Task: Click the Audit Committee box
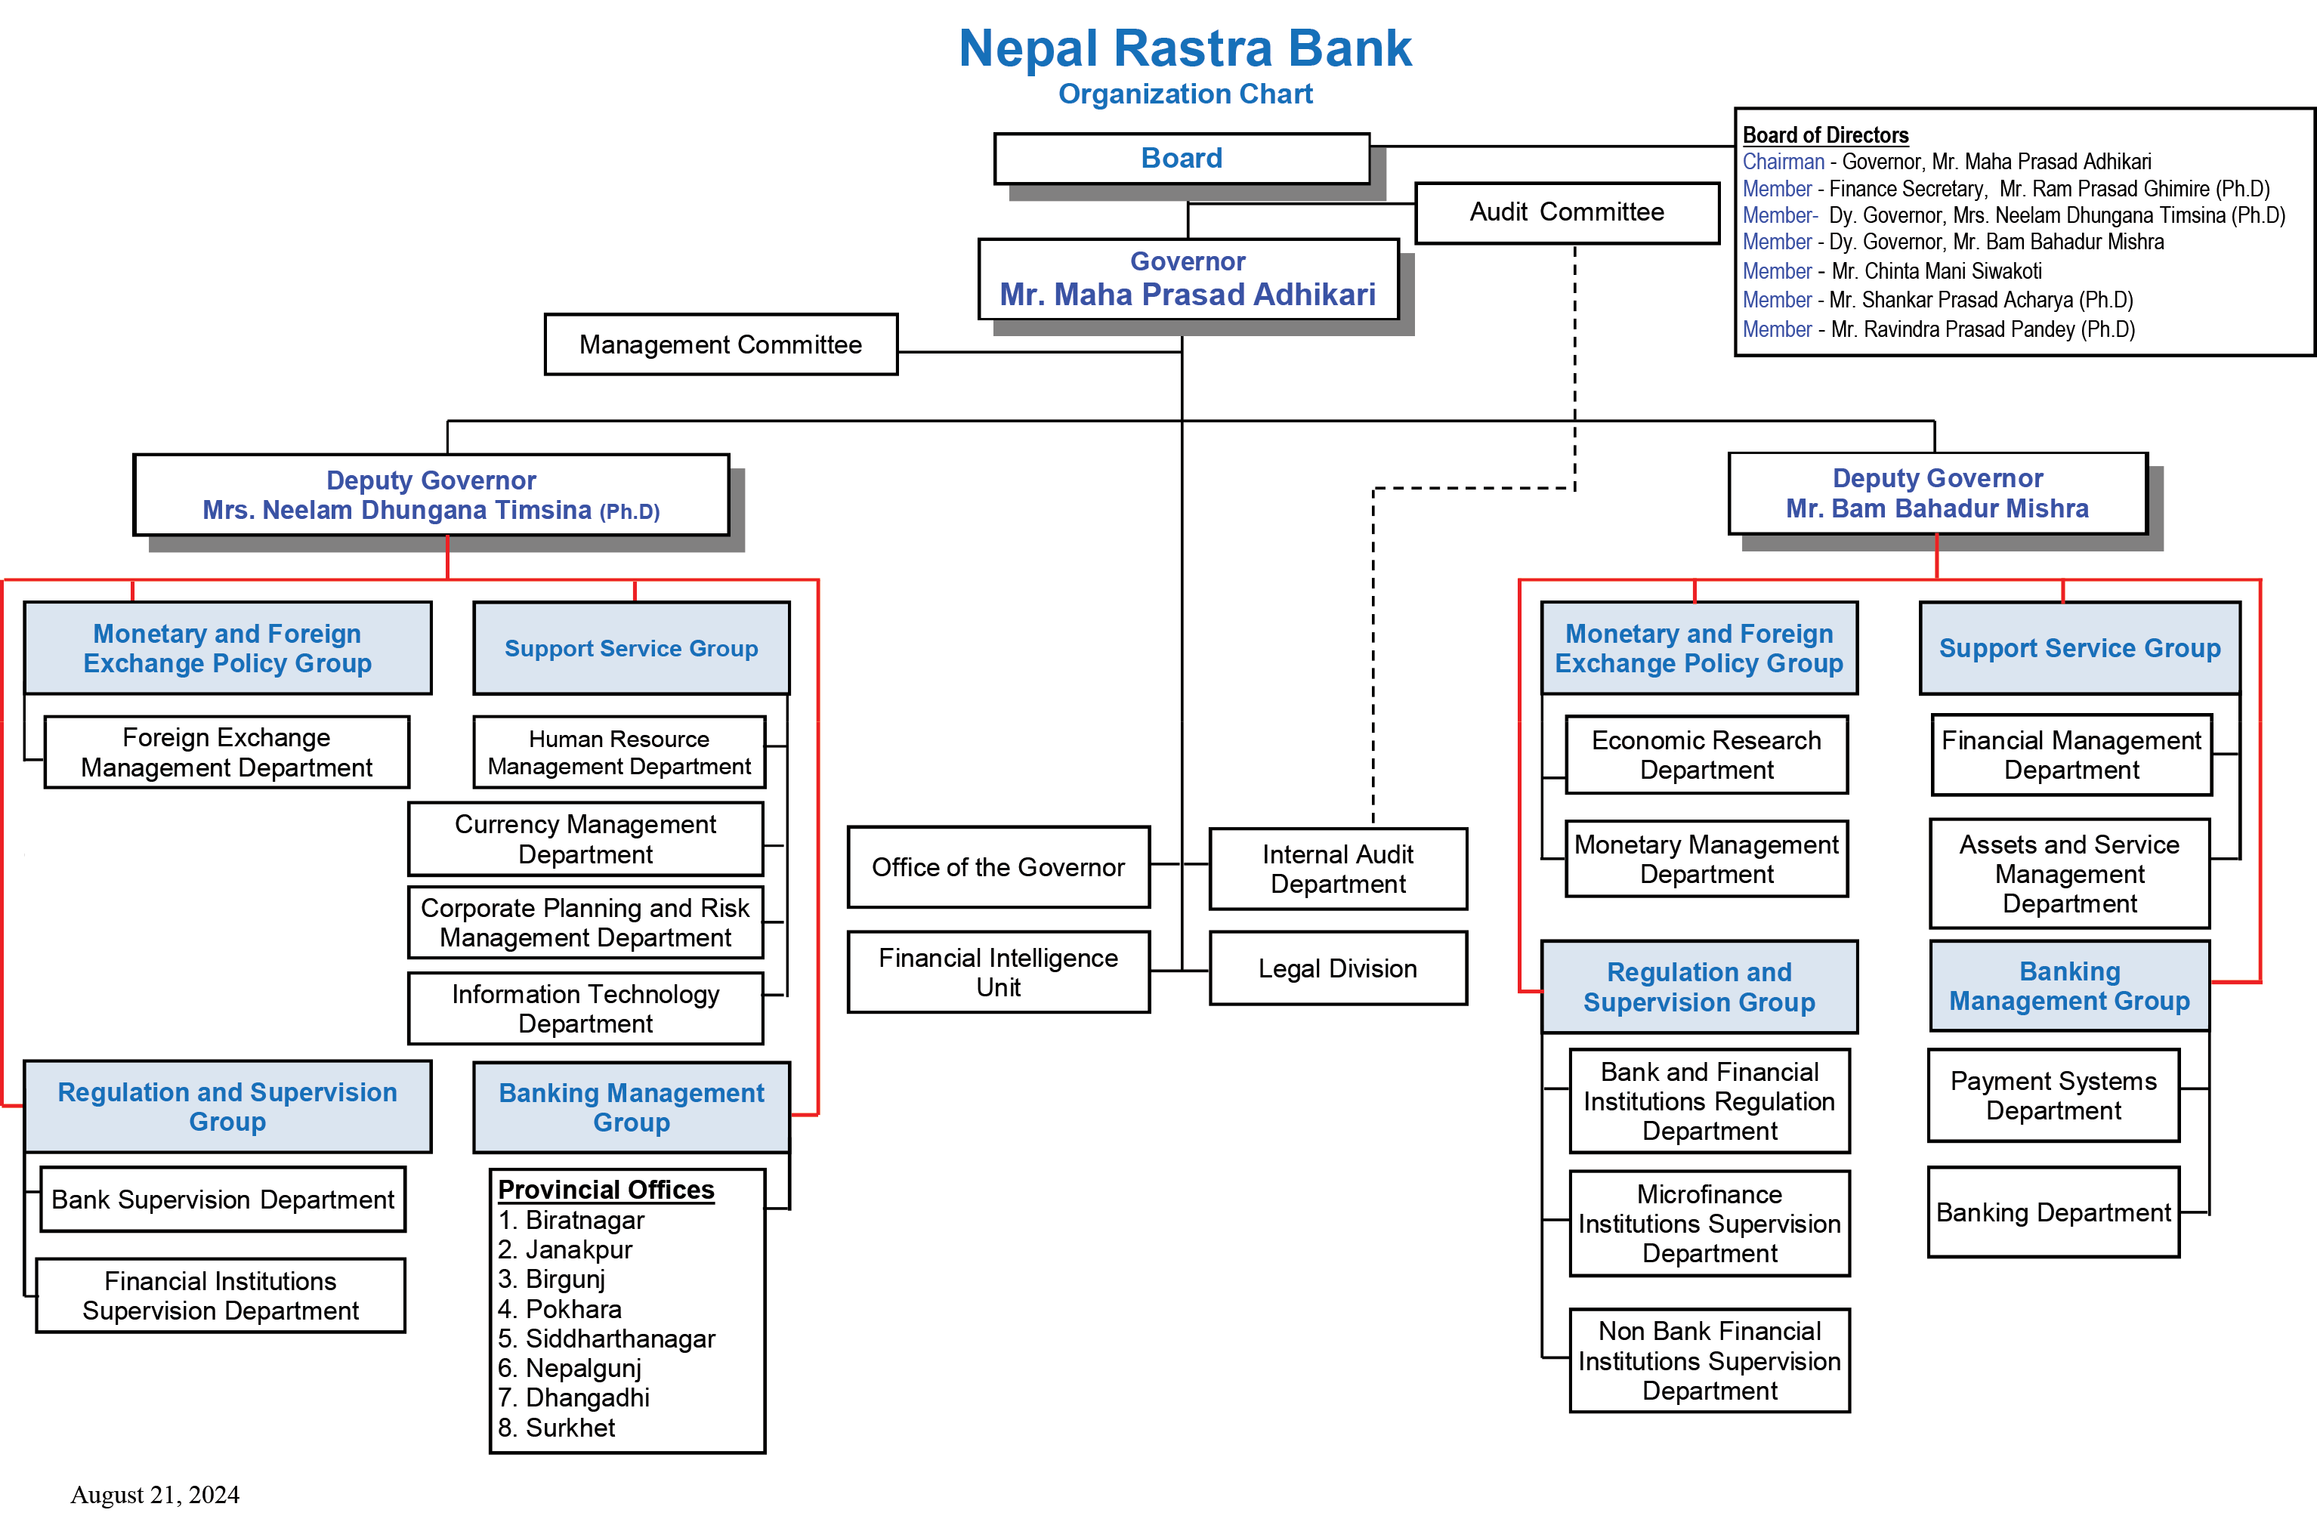click(x=1566, y=212)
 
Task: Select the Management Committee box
click(x=721, y=344)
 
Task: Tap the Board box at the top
click(x=1181, y=158)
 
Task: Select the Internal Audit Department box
click(x=1338, y=869)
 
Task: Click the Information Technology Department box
click(x=585, y=1008)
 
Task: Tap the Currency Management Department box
click(x=585, y=839)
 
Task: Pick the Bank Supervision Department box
click(x=223, y=1200)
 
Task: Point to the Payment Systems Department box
click(x=2053, y=1095)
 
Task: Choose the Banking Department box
click(x=2053, y=1212)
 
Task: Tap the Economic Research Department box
click(x=1706, y=755)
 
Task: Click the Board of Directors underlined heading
click(x=1824, y=135)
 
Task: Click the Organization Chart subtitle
click(x=1185, y=94)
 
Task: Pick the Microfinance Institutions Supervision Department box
click(x=1709, y=1224)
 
